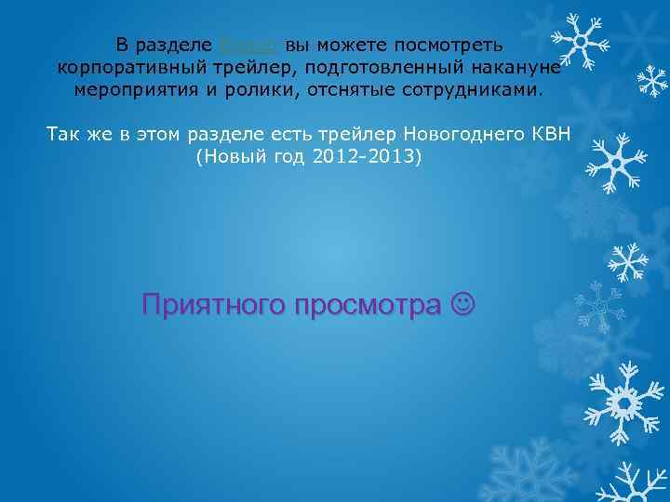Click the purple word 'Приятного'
point(210,304)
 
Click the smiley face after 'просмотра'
point(462,304)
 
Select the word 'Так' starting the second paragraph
point(61,135)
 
